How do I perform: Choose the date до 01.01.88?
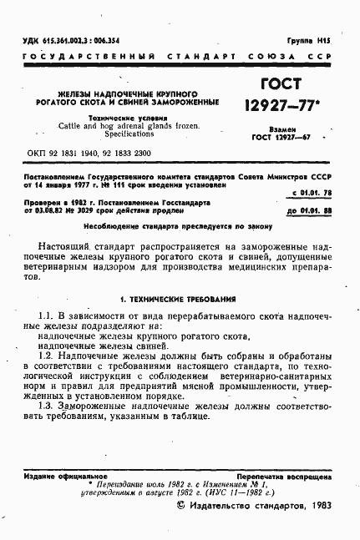[311, 212]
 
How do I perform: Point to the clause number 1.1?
[46, 314]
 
